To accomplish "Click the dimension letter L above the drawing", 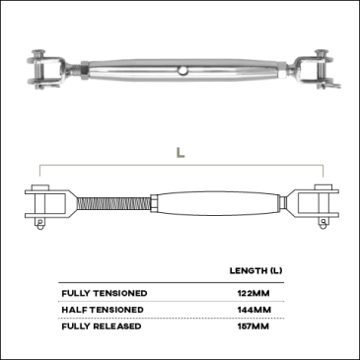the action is [x=180, y=153].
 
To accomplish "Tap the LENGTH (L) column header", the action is [x=255, y=271].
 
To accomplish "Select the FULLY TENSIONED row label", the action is [x=105, y=293].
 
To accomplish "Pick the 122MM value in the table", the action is [x=253, y=293].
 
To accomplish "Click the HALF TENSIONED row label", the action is [x=103, y=310].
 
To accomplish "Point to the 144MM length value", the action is [x=254, y=310].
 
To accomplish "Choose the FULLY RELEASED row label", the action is [x=102, y=326].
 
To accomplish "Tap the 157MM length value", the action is [x=253, y=326].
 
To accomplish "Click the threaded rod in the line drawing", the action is [x=113, y=203].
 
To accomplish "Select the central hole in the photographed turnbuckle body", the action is [x=181, y=70].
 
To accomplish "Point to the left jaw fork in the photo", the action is [x=47, y=70].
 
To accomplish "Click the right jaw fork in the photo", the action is [x=315, y=69].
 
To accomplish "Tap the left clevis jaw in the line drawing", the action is [x=48, y=204].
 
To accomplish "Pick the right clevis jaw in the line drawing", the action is [x=315, y=204].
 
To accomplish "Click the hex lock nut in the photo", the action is [x=84, y=70].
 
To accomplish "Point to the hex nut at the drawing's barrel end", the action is [x=154, y=204].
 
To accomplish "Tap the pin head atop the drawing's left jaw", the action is [x=40, y=187].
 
